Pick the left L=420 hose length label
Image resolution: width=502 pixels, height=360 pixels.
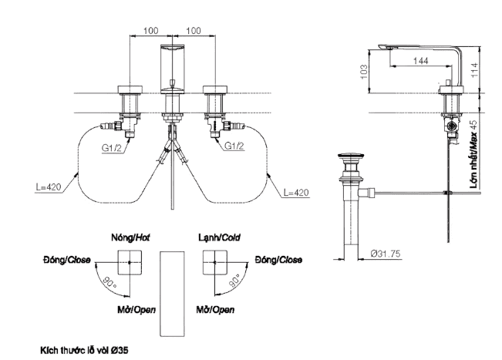click(48, 188)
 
